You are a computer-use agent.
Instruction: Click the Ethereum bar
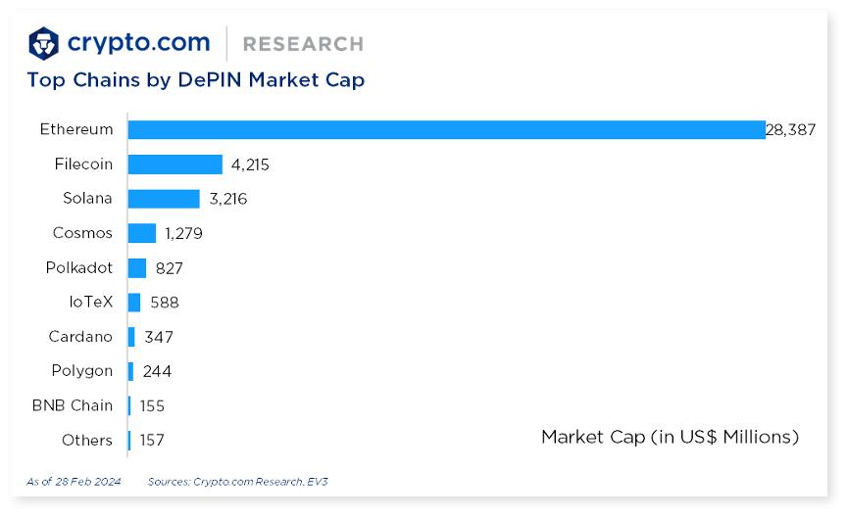click(x=446, y=129)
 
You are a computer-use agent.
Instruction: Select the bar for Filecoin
click(x=174, y=164)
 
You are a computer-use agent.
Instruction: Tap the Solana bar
click(x=163, y=199)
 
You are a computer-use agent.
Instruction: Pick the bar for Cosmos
click(x=141, y=233)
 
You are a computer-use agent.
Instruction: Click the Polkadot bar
click(x=136, y=267)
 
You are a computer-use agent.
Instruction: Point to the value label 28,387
click(x=790, y=129)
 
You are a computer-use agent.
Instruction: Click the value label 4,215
click(x=250, y=164)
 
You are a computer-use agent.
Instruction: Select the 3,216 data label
click(x=227, y=199)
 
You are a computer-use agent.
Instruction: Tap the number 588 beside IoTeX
click(x=165, y=303)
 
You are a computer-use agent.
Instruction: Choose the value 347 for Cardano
click(x=158, y=337)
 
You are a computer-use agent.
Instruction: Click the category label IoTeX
click(x=91, y=302)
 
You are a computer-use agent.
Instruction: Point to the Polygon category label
click(x=82, y=371)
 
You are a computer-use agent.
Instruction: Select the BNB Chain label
click(x=73, y=405)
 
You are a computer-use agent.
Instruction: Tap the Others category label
click(x=87, y=441)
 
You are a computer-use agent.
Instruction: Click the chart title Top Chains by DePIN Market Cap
click(x=195, y=80)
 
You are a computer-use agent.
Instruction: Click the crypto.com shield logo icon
click(x=44, y=43)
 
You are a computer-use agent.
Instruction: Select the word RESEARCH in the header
click(x=303, y=44)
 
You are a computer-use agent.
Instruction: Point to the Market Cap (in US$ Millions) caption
click(x=670, y=437)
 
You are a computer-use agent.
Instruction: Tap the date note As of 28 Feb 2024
click(x=75, y=482)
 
